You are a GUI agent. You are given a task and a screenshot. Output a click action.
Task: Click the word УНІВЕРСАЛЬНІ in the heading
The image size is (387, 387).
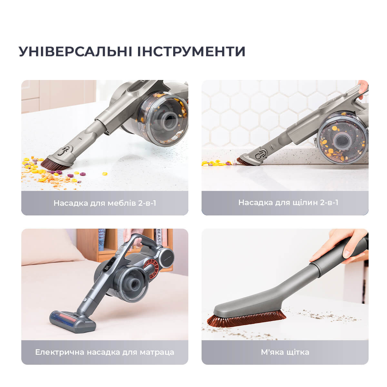tap(75, 51)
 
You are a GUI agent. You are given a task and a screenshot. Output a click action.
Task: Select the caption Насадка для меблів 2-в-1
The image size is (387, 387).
tap(104, 203)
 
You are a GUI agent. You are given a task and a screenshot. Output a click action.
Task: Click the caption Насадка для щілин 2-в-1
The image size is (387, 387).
tap(288, 203)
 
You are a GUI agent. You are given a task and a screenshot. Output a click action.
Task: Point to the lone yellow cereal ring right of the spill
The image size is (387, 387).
tap(104, 174)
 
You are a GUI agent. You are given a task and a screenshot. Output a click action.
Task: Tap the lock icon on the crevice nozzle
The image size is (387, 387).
tap(261, 155)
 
